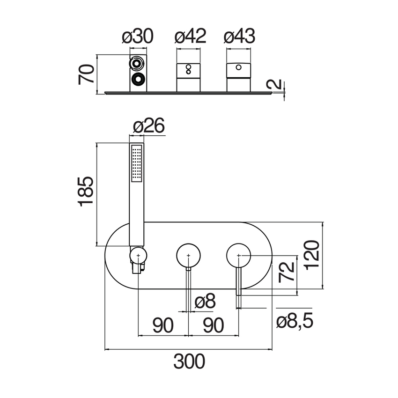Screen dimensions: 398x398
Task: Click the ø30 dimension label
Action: tap(138, 36)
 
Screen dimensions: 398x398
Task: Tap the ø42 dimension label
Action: tap(191, 36)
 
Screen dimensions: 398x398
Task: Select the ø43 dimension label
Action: tap(239, 36)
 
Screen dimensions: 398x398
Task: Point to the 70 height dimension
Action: tap(86, 74)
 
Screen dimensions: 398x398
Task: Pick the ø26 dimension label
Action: tap(149, 125)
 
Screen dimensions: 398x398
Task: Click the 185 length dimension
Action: tap(86, 192)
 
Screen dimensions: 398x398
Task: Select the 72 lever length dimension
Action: tap(287, 273)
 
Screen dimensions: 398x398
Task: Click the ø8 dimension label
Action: tap(205, 301)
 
